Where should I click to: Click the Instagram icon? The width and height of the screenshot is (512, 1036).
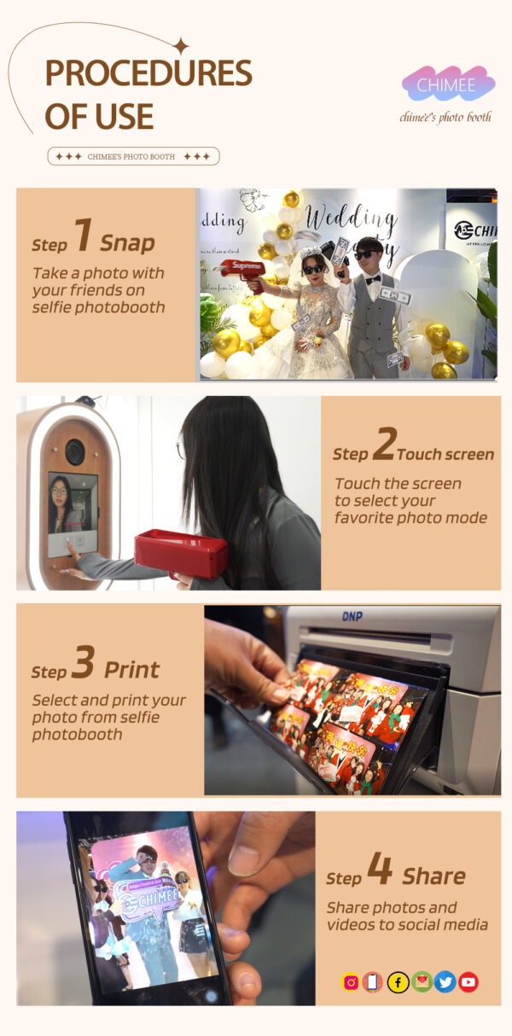351,982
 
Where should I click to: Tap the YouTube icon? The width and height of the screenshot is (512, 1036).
468,982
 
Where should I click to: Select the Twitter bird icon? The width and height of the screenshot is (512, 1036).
445,982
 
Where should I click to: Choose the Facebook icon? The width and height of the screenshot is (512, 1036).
398,982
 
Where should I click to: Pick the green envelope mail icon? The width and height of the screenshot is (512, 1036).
422,982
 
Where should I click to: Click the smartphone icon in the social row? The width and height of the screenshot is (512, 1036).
372,982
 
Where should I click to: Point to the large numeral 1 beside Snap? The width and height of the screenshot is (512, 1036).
84,235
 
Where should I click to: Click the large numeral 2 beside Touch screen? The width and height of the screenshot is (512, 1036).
385,444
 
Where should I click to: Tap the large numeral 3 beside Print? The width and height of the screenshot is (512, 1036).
84,662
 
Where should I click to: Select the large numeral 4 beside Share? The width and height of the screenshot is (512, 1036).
381,868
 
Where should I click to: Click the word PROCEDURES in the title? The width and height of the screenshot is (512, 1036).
148,73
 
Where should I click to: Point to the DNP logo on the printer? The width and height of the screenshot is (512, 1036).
352,616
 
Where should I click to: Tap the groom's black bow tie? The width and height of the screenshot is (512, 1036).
373,278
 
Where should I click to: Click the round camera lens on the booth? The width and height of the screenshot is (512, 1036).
74,451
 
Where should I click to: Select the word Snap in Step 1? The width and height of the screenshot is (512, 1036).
128,243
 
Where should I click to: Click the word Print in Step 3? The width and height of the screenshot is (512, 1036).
131,670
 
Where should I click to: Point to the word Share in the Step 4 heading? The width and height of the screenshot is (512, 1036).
433,876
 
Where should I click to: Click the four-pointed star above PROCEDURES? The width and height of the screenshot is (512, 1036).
182,46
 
